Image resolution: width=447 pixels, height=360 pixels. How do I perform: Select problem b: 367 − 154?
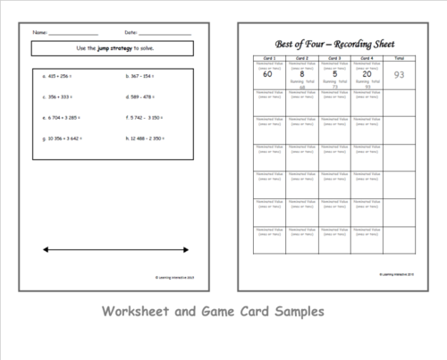tap(140, 77)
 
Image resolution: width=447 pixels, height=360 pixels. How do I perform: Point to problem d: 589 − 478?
tap(140, 96)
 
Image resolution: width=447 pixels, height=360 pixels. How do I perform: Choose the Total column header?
tap(398, 60)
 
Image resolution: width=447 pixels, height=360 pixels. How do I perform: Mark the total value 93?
tap(399, 75)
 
